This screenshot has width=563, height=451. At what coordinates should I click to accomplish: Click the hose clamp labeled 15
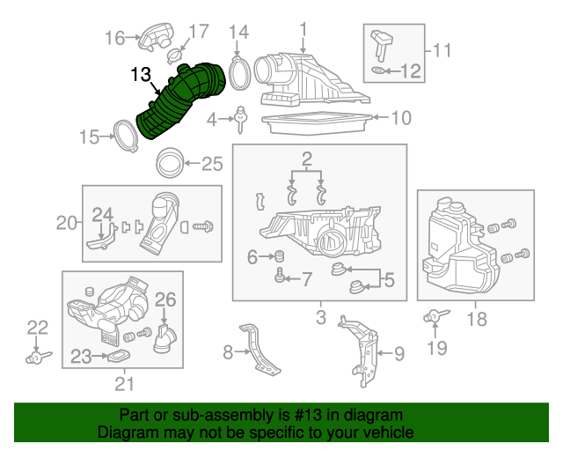125,138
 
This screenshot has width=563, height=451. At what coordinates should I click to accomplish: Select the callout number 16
115,38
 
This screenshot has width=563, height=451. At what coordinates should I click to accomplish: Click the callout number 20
67,223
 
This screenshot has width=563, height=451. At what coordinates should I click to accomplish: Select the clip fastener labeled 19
435,316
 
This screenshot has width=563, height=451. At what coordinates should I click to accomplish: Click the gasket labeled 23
115,357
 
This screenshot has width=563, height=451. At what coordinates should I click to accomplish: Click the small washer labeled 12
378,70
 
